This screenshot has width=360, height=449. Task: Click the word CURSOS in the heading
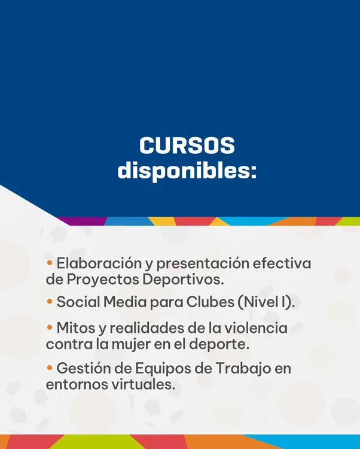pos(187,147)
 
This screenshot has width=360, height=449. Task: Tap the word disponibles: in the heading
pos(187,171)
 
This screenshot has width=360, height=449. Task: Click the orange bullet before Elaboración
pos(50,263)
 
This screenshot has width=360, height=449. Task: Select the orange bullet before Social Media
pos(50,302)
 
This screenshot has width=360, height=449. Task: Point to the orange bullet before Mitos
pos(50,328)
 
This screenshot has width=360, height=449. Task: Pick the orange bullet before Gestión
pos(50,368)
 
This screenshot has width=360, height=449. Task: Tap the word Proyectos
pos(99,279)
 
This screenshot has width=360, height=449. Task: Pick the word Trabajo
pos(233,368)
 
